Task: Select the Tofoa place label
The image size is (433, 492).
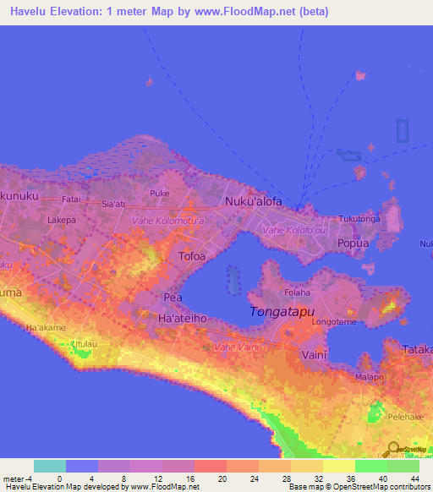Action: [192, 255]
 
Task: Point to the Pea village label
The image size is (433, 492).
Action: [173, 298]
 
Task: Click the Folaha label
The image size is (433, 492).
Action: [297, 292]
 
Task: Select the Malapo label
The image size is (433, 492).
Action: [368, 378]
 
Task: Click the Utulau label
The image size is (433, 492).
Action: [85, 345]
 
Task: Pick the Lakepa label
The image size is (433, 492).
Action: [61, 220]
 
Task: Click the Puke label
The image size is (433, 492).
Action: [159, 194]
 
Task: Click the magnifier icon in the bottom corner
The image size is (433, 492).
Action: [393, 449]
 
